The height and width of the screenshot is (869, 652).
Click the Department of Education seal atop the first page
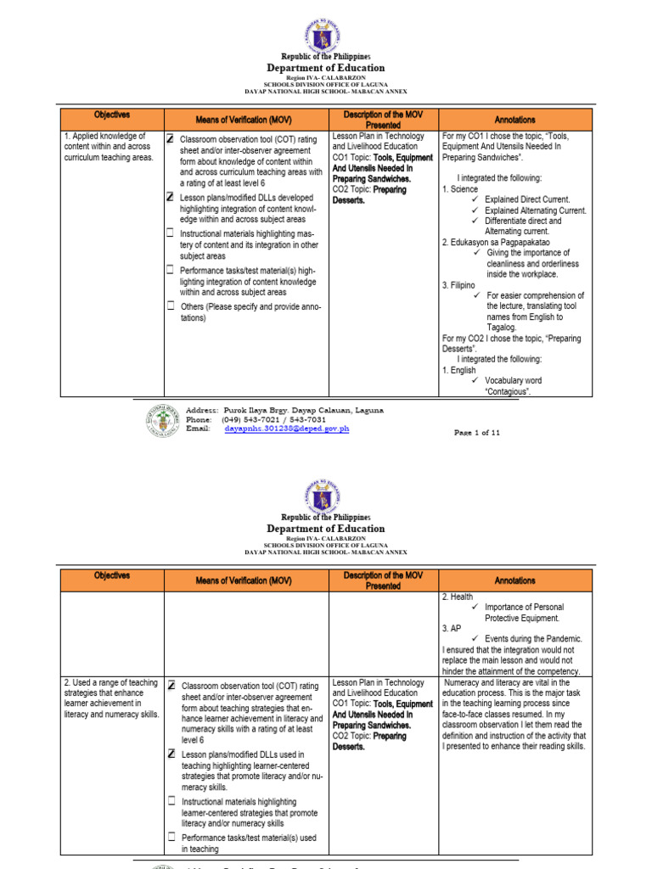326,35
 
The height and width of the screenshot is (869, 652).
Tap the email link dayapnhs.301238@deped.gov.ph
287,429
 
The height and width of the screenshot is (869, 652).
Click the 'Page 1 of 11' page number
477,432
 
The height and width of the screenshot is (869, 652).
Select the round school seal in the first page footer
163,420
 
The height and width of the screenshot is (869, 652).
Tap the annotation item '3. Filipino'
461,285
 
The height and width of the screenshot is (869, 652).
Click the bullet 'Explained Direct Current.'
528,199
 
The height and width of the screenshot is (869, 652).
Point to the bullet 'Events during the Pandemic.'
533,638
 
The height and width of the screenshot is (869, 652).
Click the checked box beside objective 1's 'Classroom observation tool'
170,137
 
